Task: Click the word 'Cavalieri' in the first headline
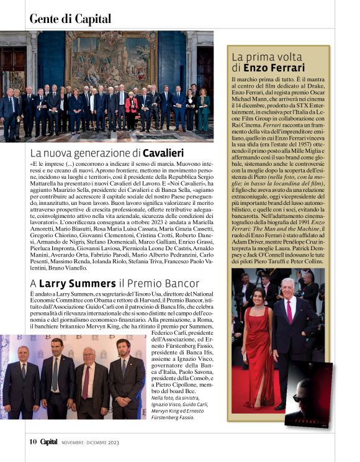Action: (x=163, y=152)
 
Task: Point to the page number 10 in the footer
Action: (x=33, y=442)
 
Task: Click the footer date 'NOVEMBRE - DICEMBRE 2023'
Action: (x=90, y=443)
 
